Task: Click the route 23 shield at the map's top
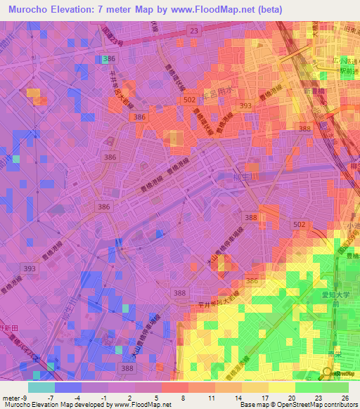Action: point(193,30)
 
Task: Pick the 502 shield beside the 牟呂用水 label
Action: point(188,100)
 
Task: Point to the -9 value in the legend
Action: point(20,397)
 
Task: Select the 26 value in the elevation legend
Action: point(345,397)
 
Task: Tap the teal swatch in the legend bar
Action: point(41,387)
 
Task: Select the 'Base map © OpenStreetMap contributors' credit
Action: point(298,405)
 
